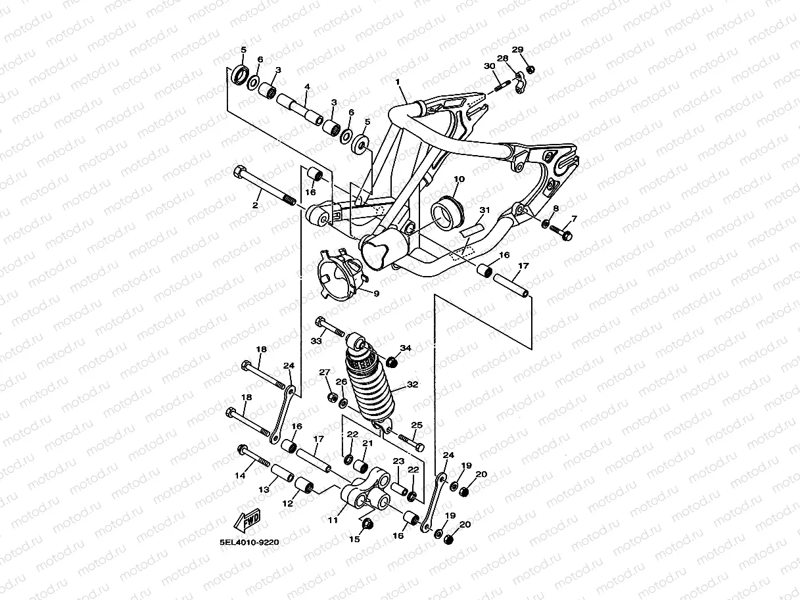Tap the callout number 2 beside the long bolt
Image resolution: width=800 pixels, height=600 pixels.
(x=256, y=206)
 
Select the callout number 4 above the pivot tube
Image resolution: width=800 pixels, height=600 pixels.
(x=306, y=87)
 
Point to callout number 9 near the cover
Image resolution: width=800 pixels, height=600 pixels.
(x=377, y=294)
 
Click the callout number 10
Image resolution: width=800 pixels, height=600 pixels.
(x=459, y=179)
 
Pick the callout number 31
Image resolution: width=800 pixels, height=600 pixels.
(x=484, y=210)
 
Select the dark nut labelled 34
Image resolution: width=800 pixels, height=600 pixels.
(x=393, y=361)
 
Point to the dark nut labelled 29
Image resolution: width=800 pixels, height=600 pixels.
(x=531, y=68)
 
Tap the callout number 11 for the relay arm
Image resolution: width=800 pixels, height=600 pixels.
(x=333, y=520)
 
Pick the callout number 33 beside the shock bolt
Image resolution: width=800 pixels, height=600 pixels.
(x=316, y=340)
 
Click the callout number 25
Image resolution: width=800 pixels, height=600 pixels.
(x=416, y=426)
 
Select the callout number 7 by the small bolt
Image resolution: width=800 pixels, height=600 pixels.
(x=573, y=219)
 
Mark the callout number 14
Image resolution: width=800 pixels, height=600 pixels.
(x=241, y=474)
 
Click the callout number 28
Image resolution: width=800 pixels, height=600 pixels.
(x=503, y=59)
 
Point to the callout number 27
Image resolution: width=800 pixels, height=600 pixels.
(x=324, y=373)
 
